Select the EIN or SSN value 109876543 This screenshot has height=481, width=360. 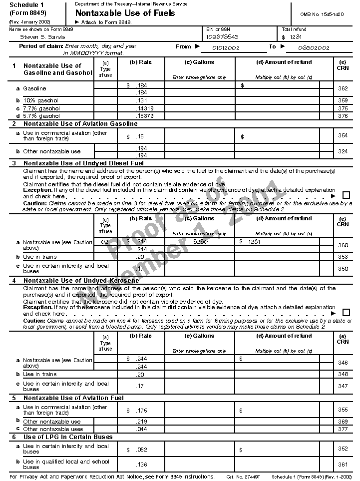[x=222, y=37]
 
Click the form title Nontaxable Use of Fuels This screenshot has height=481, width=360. [x=125, y=13]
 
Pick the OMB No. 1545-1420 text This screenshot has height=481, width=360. [x=322, y=15]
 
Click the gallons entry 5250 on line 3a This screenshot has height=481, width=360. [x=200, y=242]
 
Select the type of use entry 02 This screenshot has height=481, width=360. [x=105, y=242]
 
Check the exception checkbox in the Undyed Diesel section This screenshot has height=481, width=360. [x=346, y=195]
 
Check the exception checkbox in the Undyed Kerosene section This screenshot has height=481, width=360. [x=346, y=313]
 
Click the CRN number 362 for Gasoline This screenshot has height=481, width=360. [x=343, y=88]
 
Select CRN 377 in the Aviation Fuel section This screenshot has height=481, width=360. [x=343, y=429]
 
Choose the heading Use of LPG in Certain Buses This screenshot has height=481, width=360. [x=68, y=437]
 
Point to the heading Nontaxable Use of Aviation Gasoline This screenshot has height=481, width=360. [x=80, y=124]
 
